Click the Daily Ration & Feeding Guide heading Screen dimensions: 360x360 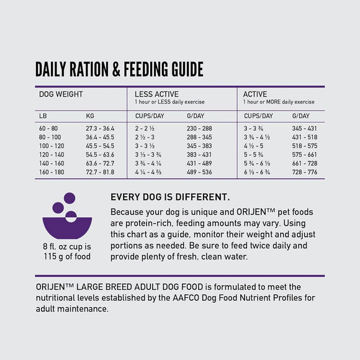119,69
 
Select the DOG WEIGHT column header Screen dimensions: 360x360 61,94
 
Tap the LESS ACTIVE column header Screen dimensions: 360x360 156,94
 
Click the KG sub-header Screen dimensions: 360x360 91,116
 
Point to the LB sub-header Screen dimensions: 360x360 43,116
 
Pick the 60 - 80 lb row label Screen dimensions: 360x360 50,128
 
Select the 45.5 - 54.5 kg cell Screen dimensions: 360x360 100,145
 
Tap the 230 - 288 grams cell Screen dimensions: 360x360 199,128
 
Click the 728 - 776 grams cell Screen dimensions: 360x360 304,171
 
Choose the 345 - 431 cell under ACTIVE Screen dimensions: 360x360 304,128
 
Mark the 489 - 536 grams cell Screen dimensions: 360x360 199,171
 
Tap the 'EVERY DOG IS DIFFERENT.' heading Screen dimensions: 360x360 169,197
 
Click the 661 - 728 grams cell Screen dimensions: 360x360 304,163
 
